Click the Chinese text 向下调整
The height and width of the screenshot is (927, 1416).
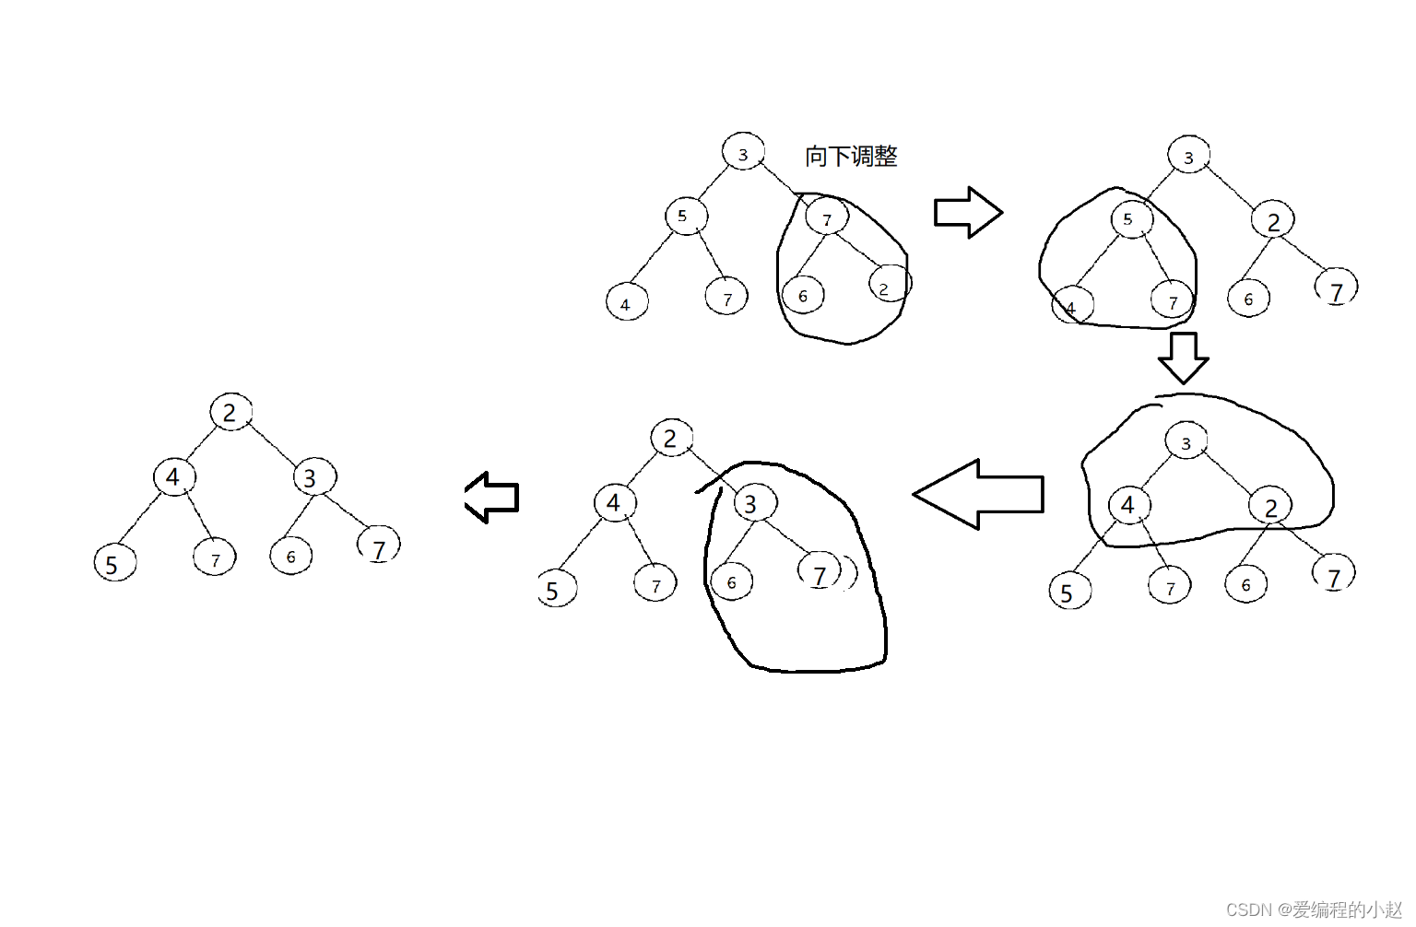(851, 156)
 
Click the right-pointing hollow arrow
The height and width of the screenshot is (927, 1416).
(968, 213)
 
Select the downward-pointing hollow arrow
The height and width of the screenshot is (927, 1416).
(1183, 358)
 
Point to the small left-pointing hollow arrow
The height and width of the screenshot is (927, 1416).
(491, 498)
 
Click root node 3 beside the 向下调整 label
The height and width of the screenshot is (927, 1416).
(743, 153)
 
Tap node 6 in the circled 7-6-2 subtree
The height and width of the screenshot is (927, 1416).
(802, 296)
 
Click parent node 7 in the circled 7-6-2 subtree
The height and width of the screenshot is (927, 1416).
(826, 218)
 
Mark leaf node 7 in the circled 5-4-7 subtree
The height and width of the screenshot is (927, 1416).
(1173, 301)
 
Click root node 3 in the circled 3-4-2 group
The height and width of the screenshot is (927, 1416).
(1186, 443)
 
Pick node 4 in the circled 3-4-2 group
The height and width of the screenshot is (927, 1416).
(1127, 505)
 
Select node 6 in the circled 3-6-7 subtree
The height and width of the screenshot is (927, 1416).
(732, 582)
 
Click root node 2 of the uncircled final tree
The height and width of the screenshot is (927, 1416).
(230, 412)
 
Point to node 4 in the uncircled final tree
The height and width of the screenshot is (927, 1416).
(173, 477)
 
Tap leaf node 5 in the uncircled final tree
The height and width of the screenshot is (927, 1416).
(114, 563)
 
